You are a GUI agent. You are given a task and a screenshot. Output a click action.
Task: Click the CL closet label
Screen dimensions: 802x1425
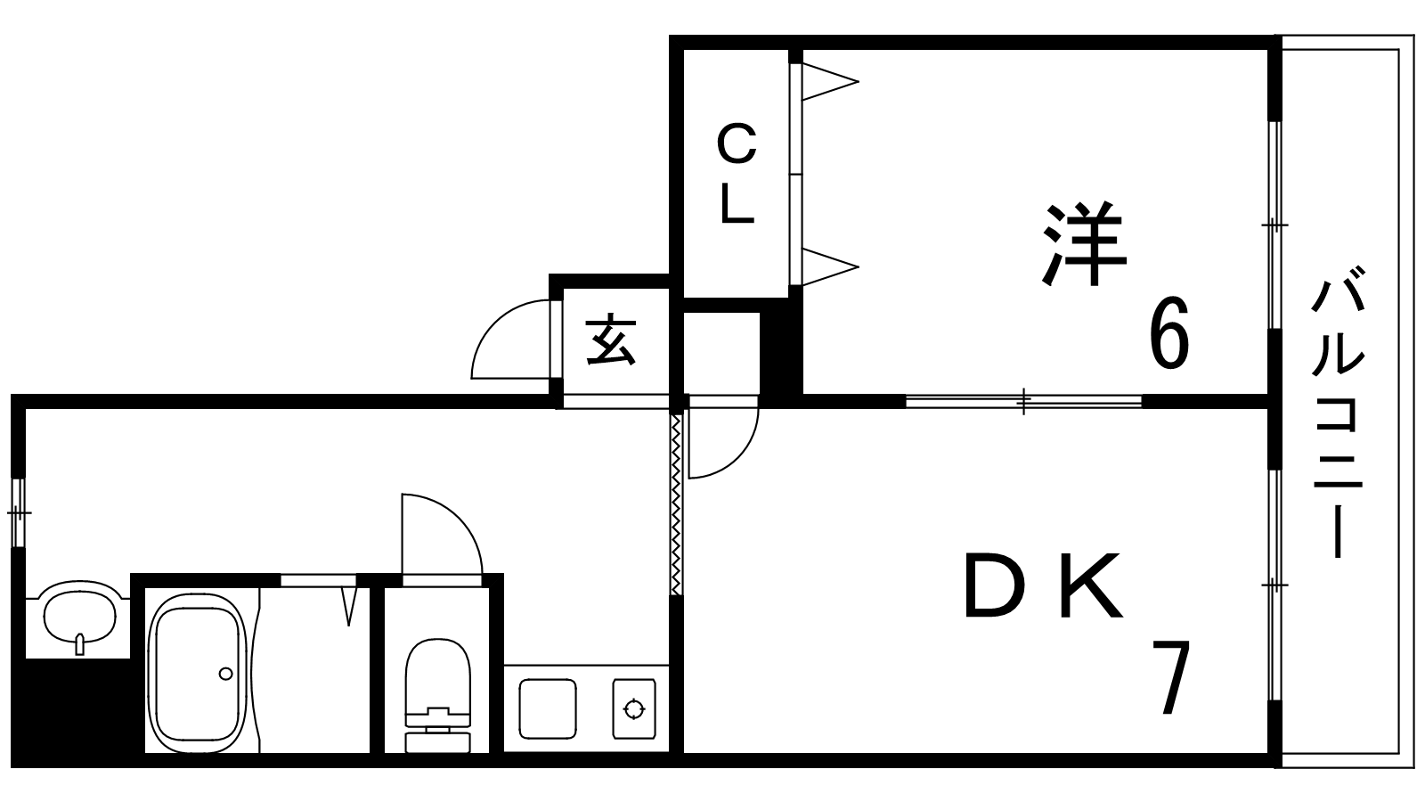click(737, 175)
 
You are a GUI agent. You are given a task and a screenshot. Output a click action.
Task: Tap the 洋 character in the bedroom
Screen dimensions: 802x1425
click(1084, 246)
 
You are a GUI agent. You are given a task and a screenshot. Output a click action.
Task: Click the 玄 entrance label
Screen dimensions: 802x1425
click(612, 340)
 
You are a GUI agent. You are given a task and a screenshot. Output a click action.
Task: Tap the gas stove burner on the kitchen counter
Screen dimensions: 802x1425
click(633, 709)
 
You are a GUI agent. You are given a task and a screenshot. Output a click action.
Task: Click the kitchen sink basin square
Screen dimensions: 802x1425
click(547, 708)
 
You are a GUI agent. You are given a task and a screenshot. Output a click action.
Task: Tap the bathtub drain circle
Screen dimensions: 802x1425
click(226, 674)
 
